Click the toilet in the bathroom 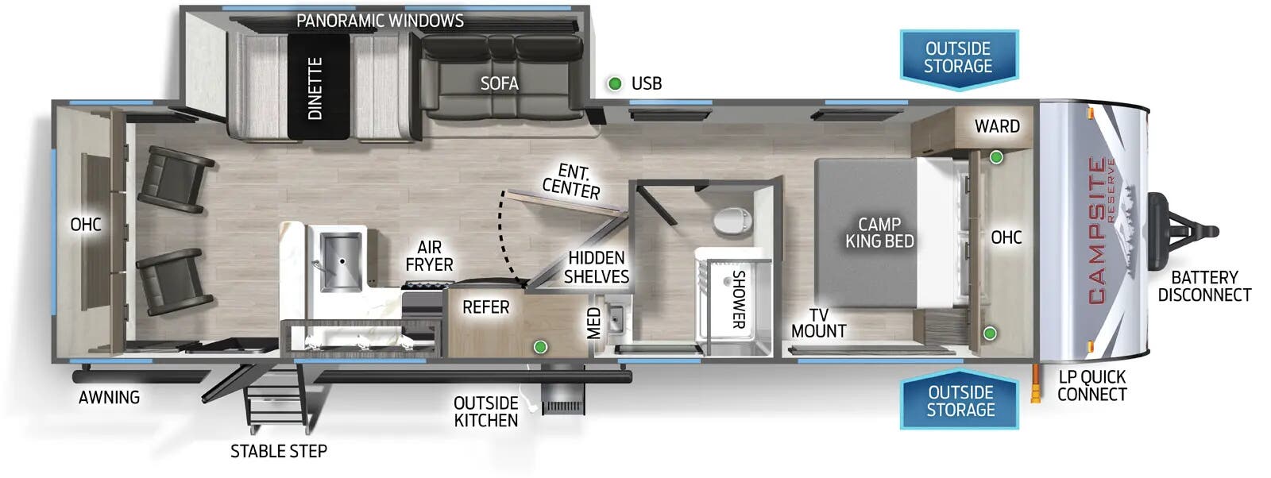tap(732, 220)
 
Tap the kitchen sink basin tap(342, 260)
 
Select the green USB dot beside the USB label tap(614, 83)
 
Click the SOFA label tap(499, 83)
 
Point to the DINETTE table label tap(315, 88)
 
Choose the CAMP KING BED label tap(879, 233)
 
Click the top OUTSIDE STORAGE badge tap(958, 57)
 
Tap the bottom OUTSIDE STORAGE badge tap(960, 401)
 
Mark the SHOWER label tap(738, 299)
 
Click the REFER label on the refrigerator tap(485, 307)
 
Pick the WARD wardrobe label tap(997, 126)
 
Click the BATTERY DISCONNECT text tap(1203, 286)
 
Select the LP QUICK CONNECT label tap(1091, 386)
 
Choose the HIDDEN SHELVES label tap(596, 267)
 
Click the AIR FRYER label tap(429, 256)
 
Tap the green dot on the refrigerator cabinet tap(540, 346)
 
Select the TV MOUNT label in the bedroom tap(818, 323)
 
